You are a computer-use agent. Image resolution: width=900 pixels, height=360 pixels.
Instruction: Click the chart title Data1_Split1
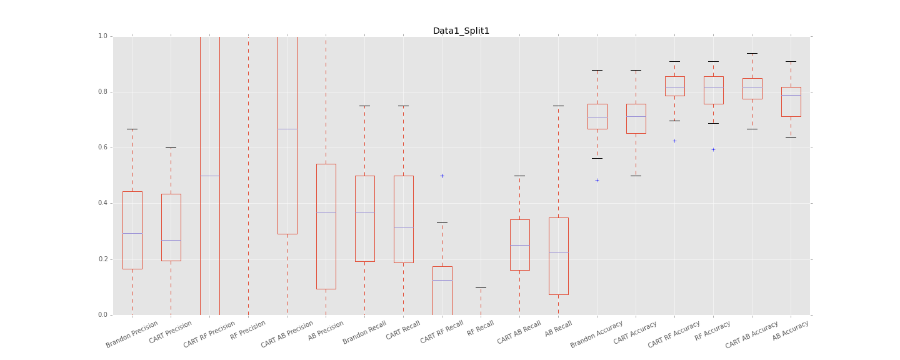[x=461, y=31]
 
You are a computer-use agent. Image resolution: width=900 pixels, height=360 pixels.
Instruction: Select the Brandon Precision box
[x=132, y=230]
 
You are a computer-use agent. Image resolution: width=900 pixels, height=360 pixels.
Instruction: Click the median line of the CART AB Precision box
[x=287, y=129]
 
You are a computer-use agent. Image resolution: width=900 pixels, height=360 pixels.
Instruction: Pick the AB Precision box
[x=326, y=226]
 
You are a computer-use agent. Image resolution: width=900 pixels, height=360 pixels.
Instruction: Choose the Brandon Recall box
[x=364, y=218]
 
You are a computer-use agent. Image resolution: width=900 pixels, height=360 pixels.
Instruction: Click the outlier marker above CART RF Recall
[x=442, y=176]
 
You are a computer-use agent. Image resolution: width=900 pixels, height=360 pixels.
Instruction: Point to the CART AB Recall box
[x=519, y=244]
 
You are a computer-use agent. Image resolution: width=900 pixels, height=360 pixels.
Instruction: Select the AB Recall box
[x=558, y=256]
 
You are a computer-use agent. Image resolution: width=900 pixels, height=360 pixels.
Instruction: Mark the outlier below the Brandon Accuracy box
[x=597, y=180]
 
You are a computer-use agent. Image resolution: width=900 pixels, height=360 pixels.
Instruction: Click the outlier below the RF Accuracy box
[x=713, y=149]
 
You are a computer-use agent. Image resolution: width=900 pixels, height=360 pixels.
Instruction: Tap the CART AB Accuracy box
[x=752, y=88]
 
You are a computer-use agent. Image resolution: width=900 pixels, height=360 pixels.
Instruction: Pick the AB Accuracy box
[x=791, y=101]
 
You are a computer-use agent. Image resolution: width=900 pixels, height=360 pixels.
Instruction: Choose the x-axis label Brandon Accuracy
[x=597, y=334]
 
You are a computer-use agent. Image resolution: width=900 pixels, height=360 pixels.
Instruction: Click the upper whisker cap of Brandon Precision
[x=132, y=129]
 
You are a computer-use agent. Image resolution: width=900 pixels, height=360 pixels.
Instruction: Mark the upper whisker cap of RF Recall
[x=481, y=287]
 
